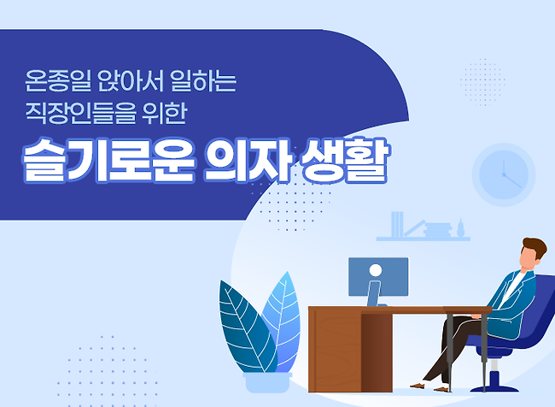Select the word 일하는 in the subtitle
203,81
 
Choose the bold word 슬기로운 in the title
108,160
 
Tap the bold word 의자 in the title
248,160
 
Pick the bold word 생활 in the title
344,160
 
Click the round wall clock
503,174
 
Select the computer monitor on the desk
378,277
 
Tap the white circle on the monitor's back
375,270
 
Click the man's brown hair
535,247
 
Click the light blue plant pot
267,382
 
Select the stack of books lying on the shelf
437,230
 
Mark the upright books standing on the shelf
397,224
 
